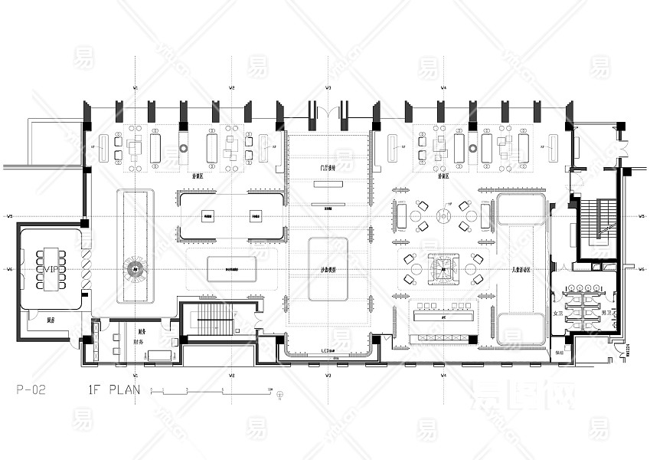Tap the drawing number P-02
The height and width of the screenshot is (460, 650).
[x=31, y=389]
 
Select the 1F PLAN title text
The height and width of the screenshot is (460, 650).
[x=114, y=389]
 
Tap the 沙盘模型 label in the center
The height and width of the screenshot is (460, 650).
[x=328, y=271]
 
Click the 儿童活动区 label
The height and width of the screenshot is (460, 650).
[x=521, y=271]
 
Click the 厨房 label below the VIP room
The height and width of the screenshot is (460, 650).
[x=51, y=320]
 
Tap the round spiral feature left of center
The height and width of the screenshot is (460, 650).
[x=135, y=268]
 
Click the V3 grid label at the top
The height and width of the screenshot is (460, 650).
[x=328, y=89]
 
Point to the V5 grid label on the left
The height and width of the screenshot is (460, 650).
[x=10, y=217]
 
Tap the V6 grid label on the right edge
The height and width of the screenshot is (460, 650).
[x=642, y=269]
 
